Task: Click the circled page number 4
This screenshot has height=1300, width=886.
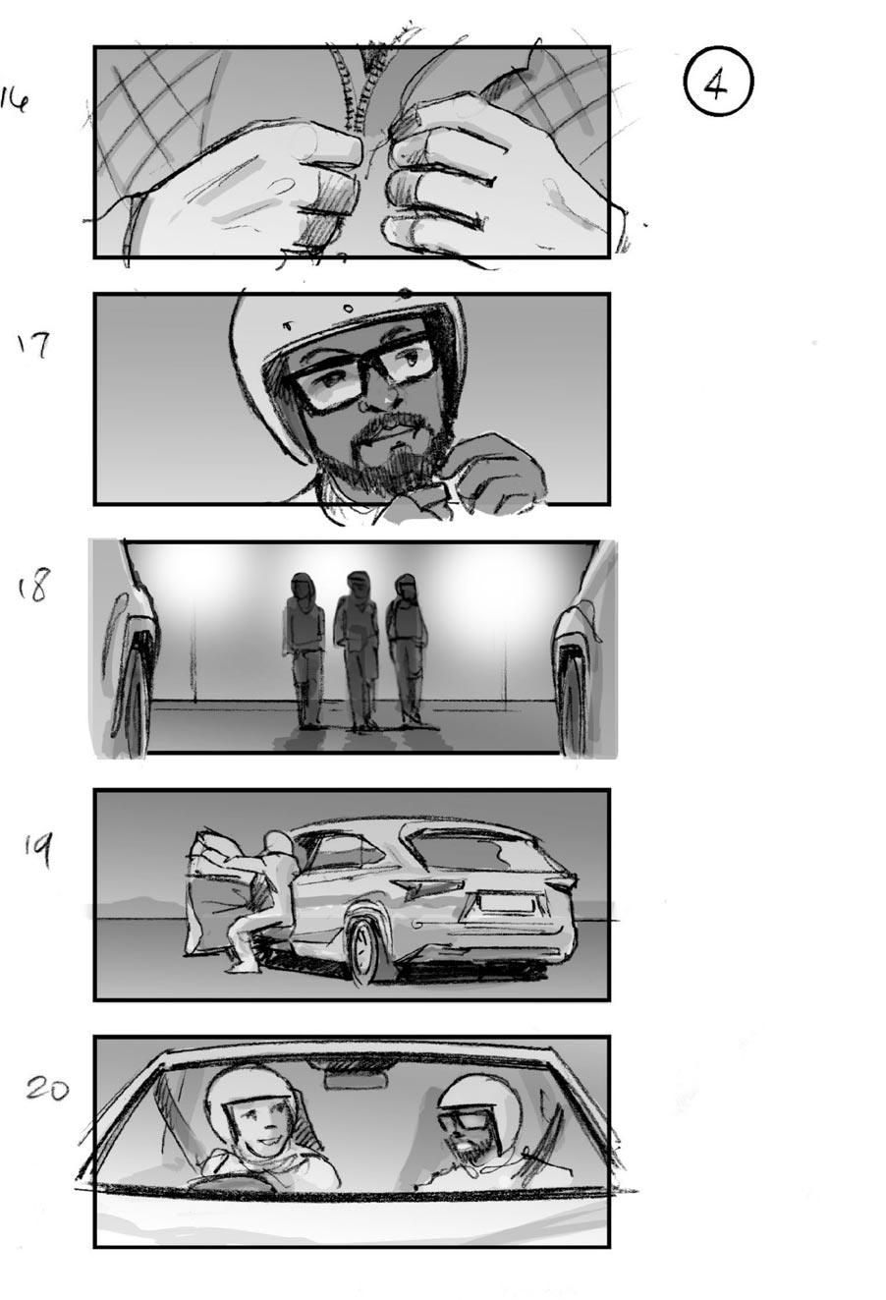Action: click(716, 85)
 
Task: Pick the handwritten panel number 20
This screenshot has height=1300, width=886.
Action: click(46, 1088)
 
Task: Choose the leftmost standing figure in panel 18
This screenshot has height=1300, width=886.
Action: click(305, 649)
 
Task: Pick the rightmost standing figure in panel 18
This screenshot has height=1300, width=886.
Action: click(406, 649)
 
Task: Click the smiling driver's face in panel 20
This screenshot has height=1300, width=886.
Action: click(253, 1122)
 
